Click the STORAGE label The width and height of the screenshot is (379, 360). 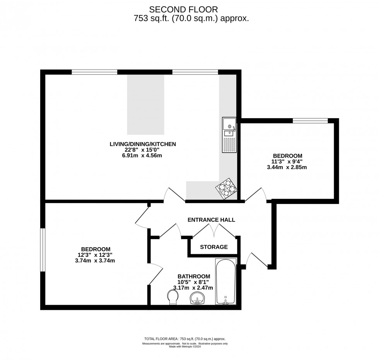pos(213,247)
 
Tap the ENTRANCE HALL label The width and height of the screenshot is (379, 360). pos(211,220)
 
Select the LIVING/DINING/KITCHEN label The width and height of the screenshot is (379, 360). pos(143,144)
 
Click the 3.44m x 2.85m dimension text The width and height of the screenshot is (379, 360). pos(287,167)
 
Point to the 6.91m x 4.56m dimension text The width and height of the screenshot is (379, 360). pos(143,156)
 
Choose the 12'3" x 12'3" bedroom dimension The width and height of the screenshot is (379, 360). pos(96,255)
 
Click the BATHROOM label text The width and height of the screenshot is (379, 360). pos(194,276)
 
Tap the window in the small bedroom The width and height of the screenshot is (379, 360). pos(310,121)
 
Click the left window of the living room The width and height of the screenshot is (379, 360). pos(94,72)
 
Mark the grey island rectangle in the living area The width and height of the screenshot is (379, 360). pos(145,104)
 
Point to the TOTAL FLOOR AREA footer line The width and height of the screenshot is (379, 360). pos(185,338)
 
